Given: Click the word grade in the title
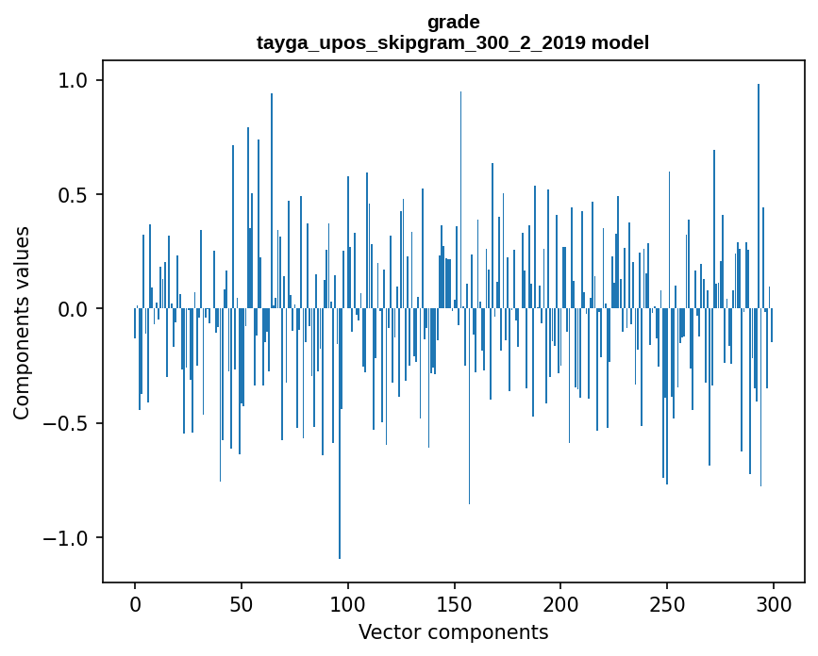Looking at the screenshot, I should point(453,22).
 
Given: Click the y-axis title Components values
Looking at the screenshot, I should point(21,322).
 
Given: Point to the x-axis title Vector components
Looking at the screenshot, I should point(453,631).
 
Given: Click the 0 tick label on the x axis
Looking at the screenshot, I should point(135,603).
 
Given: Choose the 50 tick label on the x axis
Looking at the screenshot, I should point(242,603).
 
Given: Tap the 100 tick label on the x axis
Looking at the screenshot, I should point(348,603).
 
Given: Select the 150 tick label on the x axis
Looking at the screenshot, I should point(455,603).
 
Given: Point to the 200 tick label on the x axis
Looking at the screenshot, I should point(561,603).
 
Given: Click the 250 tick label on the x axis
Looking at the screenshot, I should point(667,603).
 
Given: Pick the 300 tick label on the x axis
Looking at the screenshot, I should point(774,603).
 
